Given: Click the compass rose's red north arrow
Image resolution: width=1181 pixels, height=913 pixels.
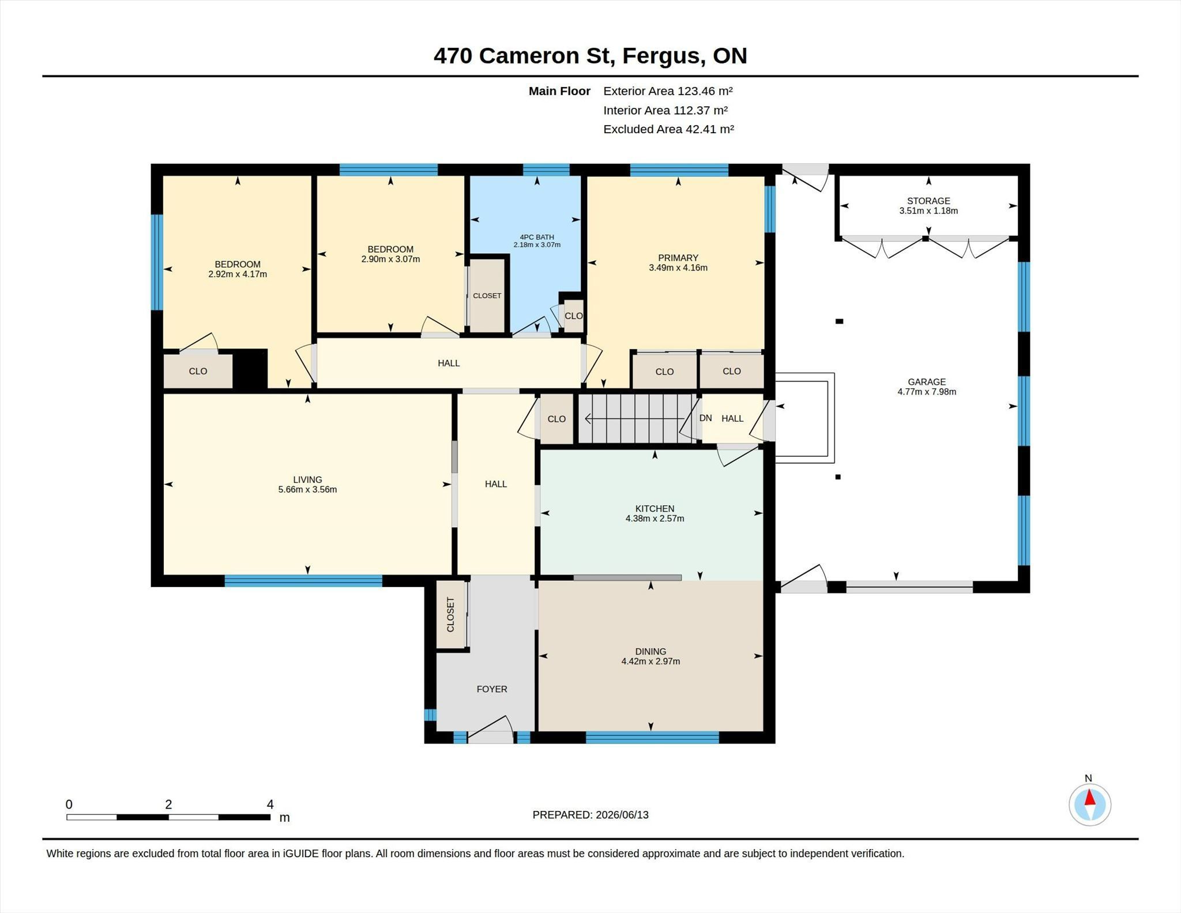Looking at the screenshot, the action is (1090, 797).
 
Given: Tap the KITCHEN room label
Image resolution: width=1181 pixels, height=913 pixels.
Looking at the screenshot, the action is (655, 509).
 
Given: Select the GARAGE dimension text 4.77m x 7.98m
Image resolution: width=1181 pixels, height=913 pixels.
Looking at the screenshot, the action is (927, 392).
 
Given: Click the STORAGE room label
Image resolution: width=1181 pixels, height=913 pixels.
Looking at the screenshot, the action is (928, 201).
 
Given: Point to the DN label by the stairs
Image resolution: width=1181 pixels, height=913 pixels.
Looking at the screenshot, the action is (705, 418).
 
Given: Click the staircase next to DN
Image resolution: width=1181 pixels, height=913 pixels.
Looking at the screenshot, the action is (637, 419).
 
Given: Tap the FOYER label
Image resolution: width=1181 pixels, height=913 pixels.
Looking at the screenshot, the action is (492, 689).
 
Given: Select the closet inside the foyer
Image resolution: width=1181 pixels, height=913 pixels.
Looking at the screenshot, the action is (450, 614).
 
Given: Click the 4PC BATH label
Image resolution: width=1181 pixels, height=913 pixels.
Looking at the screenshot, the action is (537, 237).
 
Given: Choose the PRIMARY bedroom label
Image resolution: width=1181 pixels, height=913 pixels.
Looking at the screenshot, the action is (678, 258).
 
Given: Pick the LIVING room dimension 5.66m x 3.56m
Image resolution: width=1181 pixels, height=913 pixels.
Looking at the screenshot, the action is (307, 490).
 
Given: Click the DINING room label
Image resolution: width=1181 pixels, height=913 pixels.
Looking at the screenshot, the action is (650, 652).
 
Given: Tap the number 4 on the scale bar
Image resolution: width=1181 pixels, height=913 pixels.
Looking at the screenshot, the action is (270, 804).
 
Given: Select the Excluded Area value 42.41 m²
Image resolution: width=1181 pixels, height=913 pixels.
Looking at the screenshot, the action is (709, 129).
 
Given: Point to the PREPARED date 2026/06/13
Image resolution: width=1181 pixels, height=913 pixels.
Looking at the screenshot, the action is (622, 815).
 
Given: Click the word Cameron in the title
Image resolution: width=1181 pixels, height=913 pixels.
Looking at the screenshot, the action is (529, 56).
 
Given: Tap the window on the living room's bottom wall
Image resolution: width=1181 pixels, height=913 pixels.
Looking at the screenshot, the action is (303, 581).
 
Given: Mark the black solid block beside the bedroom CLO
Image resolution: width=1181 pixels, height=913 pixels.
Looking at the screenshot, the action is (250, 369).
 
